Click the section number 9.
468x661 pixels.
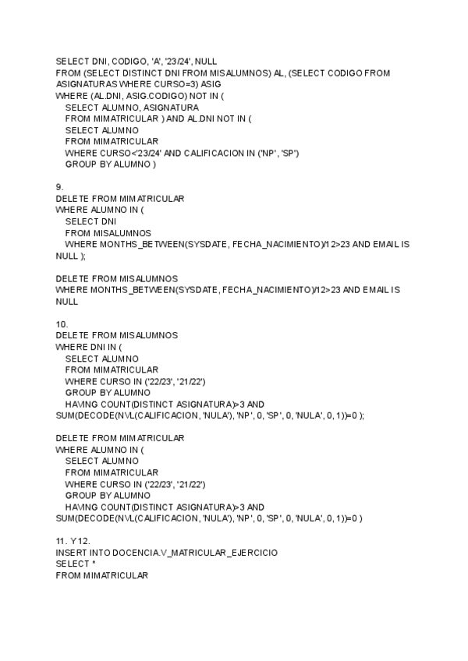coord(58,187)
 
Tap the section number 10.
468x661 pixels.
coord(61,323)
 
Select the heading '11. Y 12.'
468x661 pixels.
coord(73,540)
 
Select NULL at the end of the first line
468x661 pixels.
coord(207,61)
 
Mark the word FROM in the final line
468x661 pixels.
coord(69,575)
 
